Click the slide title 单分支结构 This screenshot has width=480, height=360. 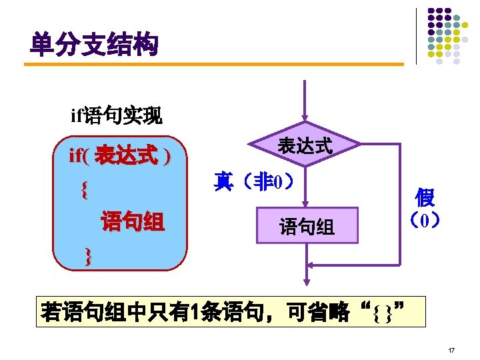pyautogui.click(x=94, y=45)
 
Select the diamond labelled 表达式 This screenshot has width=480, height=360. pyautogui.click(x=305, y=145)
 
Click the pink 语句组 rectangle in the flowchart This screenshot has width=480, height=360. pyautogui.click(x=306, y=227)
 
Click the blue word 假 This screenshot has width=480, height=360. pyautogui.click(x=424, y=197)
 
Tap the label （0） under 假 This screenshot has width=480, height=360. pyautogui.click(x=424, y=219)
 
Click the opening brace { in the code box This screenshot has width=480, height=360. pyautogui.click(x=83, y=191)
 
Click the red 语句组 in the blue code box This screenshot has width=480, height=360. pyautogui.click(x=132, y=221)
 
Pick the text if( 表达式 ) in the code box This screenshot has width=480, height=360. pyautogui.click(x=119, y=157)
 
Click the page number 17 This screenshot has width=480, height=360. pyautogui.click(x=451, y=349)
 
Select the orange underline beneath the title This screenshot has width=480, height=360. pyautogui.click(x=213, y=65)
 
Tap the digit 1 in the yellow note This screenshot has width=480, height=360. pyautogui.click(x=194, y=311)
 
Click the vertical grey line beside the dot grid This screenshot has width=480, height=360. pyautogui.click(x=416, y=36)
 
